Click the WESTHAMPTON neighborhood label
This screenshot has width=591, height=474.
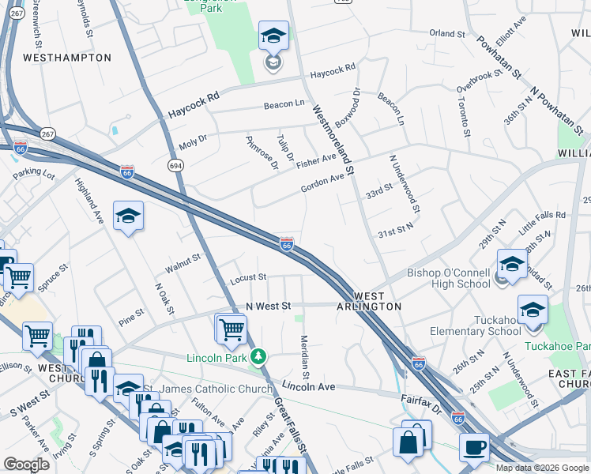pos(67,58)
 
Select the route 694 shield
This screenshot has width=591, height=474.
pos(175,164)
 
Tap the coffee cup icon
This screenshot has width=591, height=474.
pos(474,446)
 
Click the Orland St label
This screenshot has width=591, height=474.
pos(447,34)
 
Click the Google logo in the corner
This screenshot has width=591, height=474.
pos(26,465)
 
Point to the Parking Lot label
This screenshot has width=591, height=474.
pos(32,171)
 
